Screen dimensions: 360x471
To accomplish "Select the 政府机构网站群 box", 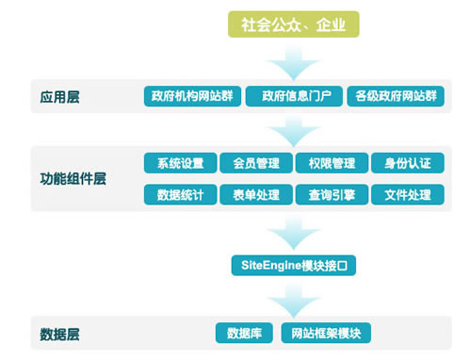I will click(x=192, y=95).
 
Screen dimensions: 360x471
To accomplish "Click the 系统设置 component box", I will click(x=181, y=164).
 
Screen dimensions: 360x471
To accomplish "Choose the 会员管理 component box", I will click(x=256, y=164).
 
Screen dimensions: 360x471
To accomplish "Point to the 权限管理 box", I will click(x=331, y=164).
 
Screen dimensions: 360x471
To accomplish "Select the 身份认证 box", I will click(x=407, y=164).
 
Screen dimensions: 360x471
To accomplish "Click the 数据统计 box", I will click(x=181, y=195).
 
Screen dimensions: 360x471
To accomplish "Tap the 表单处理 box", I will click(x=256, y=195).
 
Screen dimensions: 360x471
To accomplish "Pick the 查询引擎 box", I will click(x=331, y=195).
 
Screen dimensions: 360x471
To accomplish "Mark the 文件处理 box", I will click(x=407, y=195).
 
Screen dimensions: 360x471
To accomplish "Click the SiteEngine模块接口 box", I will click(x=294, y=267).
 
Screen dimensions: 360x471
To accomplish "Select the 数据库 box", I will click(x=244, y=332).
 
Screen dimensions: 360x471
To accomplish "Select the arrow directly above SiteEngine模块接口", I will click(x=294, y=233).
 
